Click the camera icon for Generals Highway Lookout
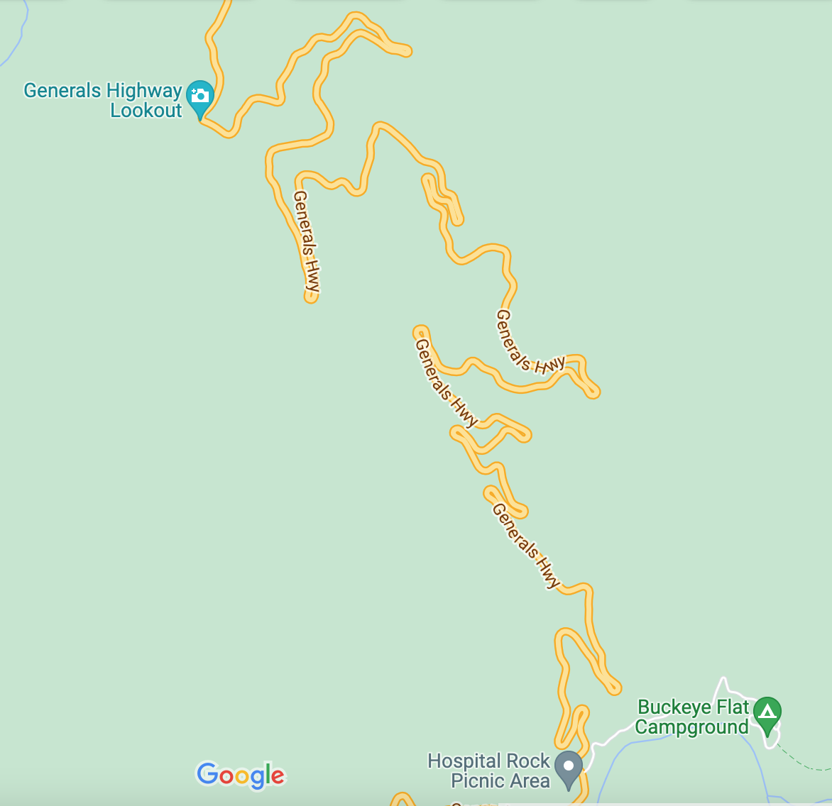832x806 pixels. (x=200, y=95)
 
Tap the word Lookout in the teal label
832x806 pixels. (x=146, y=111)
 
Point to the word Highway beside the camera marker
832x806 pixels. (x=144, y=91)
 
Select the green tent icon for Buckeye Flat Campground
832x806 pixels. (x=767, y=710)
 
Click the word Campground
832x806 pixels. (x=691, y=727)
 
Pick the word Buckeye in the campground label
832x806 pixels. (x=673, y=707)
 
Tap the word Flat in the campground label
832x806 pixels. (x=731, y=707)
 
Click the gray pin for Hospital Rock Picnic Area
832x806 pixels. (x=568, y=768)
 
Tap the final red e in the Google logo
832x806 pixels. (x=277, y=777)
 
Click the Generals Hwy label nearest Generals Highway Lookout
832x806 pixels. (x=307, y=241)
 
